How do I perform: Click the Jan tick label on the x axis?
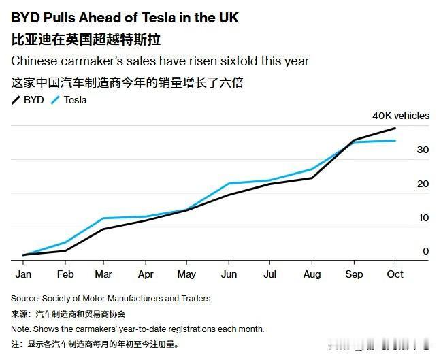click(x=23, y=274)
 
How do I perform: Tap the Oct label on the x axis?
click(x=395, y=274)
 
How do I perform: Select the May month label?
click(x=186, y=274)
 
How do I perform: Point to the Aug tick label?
click(x=312, y=274)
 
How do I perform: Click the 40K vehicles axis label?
click(x=401, y=116)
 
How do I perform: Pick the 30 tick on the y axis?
click(x=423, y=150)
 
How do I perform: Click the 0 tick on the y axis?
click(x=425, y=251)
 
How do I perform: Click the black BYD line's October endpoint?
click(x=395, y=128)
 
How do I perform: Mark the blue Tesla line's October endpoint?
click(x=395, y=140)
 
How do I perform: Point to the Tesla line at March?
click(x=103, y=218)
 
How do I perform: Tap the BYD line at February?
click(x=65, y=250)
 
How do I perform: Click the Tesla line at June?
click(x=229, y=184)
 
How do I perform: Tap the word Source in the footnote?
click(x=24, y=299)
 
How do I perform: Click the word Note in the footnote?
click(x=20, y=329)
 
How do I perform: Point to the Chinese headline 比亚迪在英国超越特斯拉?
click(x=86, y=39)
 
